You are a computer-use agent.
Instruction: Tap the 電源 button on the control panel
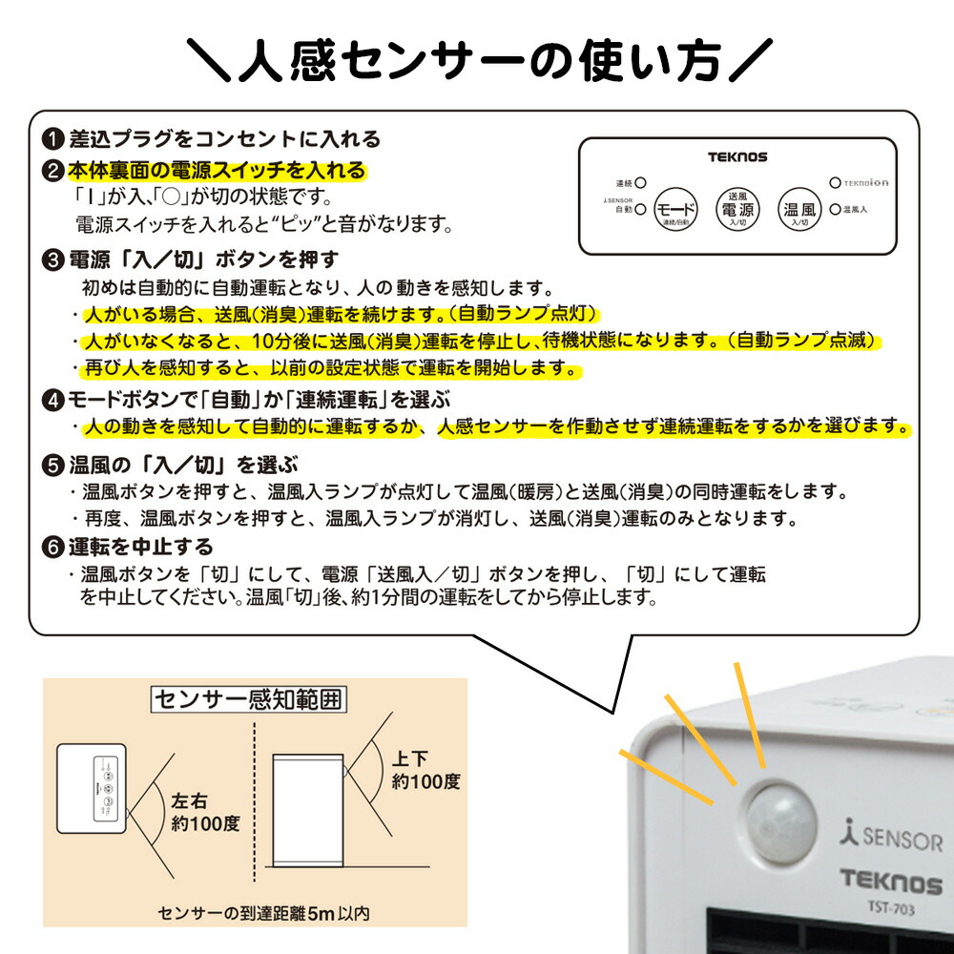[738, 207]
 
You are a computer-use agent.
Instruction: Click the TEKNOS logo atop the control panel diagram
[737, 156]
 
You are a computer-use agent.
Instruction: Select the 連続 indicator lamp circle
[641, 181]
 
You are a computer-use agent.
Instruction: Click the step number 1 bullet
[54, 139]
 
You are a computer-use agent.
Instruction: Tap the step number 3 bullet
[54, 259]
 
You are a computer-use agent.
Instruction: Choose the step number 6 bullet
[54, 548]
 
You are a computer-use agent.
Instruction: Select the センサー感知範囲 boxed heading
[249, 700]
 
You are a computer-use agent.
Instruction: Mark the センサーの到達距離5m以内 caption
[263, 913]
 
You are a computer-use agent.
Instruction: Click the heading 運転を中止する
[141, 548]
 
